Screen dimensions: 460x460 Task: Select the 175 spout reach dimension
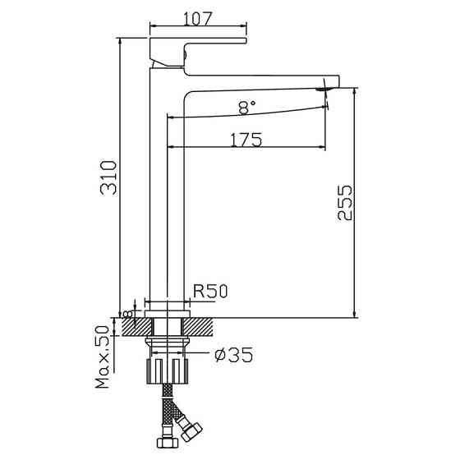click(x=246, y=140)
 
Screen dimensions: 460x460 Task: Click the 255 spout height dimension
click(x=345, y=202)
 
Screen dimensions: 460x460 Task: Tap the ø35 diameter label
click(x=232, y=356)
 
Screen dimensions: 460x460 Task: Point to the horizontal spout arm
click(x=263, y=82)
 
